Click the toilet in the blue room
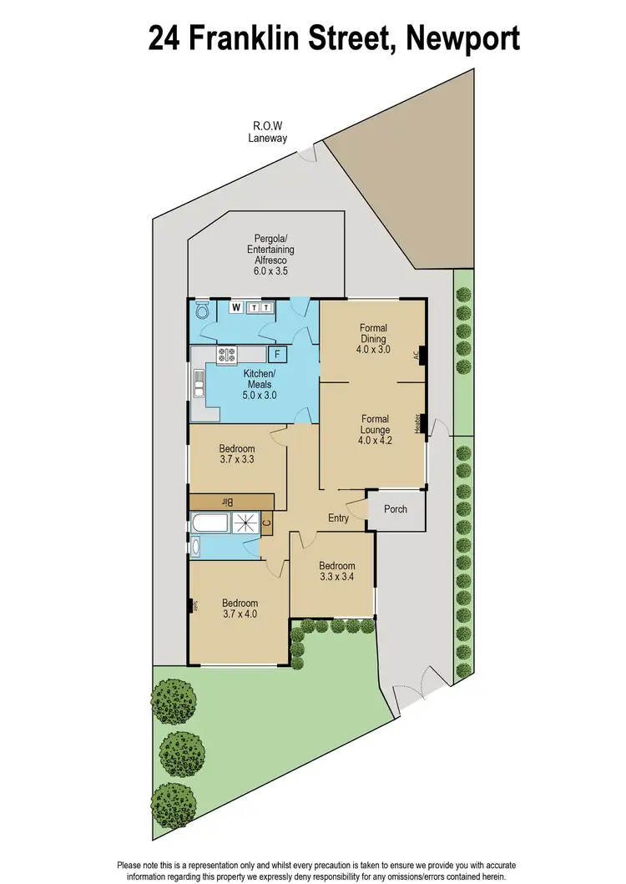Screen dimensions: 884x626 [x=201, y=311]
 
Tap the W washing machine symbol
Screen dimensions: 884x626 [x=237, y=308]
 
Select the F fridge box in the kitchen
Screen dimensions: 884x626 [x=278, y=354]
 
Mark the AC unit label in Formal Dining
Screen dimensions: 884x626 [x=416, y=355]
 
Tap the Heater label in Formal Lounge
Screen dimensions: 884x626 [x=416, y=423]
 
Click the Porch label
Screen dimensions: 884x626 [x=396, y=508]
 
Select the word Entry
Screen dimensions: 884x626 [x=338, y=518]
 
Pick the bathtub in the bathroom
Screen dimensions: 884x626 [x=210, y=524]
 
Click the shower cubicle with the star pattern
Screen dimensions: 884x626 [x=245, y=524]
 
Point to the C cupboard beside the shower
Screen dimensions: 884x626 [x=266, y=523]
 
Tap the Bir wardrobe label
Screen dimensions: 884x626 [x=225, y=501]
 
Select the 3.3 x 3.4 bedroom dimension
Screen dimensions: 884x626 [x=337, y=576]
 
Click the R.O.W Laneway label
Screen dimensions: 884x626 [x=267, y=133]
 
